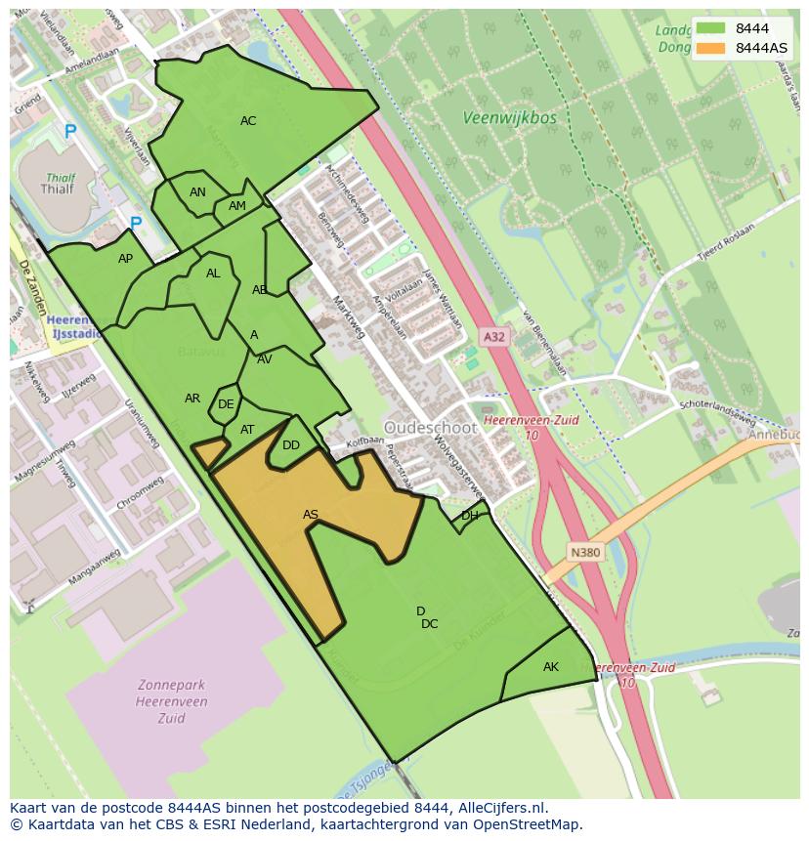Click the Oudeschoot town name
[x=430, y=428]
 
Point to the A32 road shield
[x=494, y=337]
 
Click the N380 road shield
[x=585, y=553]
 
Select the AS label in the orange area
[x=310, y=515]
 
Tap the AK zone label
[x=551, y=667]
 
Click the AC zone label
[x=248, y=121]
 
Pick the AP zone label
[x=125, y=259]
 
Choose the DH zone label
[x=470, y=516]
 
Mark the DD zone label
[x=291, y=445]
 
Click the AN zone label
[x=197, y=192]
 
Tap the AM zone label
[x=237, y=206]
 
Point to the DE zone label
[x=226, y=404]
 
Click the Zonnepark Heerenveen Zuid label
[x=157, y=701]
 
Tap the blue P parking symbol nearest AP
[x=136, y=225]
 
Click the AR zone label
[x=192, y=399]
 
